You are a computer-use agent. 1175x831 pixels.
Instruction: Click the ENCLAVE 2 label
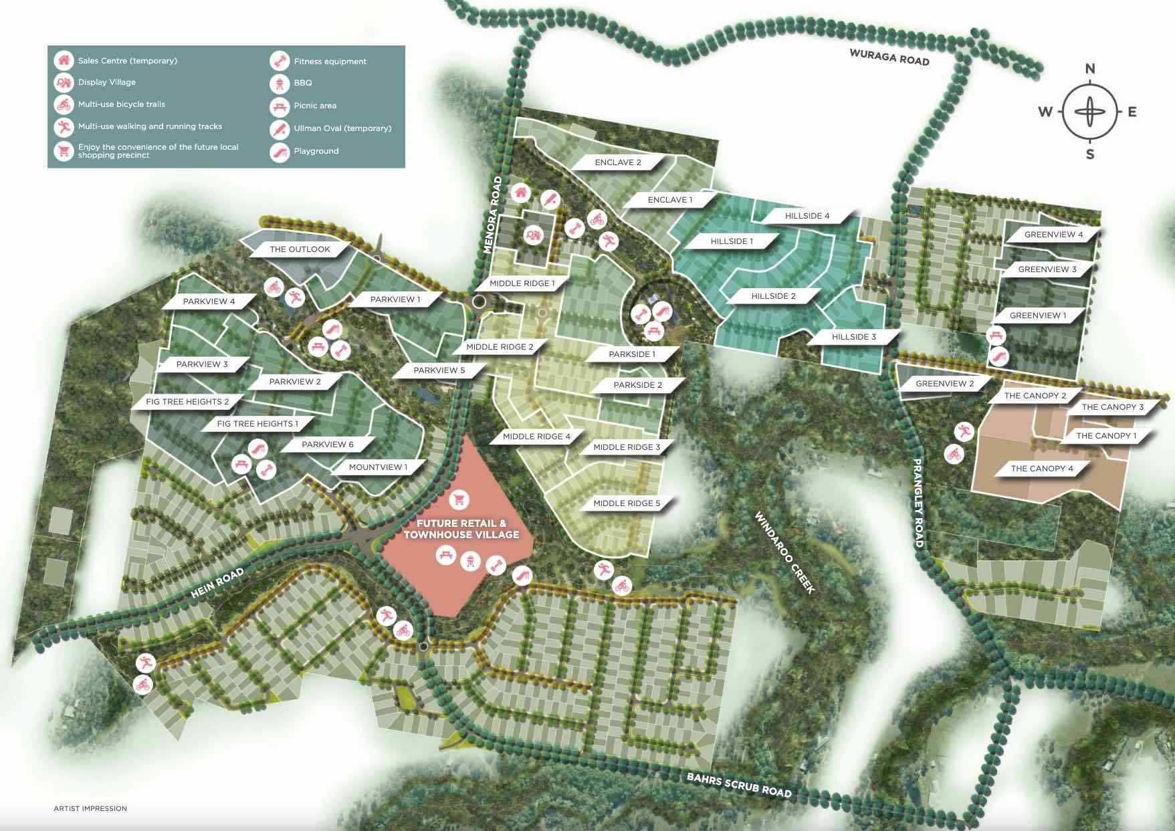618,162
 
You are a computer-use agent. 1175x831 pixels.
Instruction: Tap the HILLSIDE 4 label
807,216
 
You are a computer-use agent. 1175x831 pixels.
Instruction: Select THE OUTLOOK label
300,249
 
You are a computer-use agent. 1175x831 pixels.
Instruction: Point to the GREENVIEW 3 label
1047,269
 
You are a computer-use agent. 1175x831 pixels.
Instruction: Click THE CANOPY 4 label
1041,469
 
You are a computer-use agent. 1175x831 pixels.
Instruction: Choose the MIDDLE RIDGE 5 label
626,503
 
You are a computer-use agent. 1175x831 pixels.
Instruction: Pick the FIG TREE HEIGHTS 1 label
257,424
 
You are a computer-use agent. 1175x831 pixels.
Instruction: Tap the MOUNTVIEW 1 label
378,467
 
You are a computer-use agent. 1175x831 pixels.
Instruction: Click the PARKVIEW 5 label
439,370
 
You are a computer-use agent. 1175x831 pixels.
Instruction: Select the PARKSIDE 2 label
637,385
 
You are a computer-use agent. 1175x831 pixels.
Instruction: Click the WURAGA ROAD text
889,57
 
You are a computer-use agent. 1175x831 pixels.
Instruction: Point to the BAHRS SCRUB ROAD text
739,785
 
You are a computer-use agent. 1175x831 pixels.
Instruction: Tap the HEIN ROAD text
217,583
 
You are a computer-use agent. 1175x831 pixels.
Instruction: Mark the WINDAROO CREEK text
784,552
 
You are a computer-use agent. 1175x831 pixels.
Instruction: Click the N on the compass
1090,68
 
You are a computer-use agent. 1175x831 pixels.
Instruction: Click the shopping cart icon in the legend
64,150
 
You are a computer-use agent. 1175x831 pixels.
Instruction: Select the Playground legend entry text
316,151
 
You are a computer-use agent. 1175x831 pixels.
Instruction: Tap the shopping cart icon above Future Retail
459,499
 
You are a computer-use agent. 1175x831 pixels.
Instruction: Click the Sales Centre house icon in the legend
64,60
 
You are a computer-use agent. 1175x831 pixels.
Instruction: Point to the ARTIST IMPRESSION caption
90,808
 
